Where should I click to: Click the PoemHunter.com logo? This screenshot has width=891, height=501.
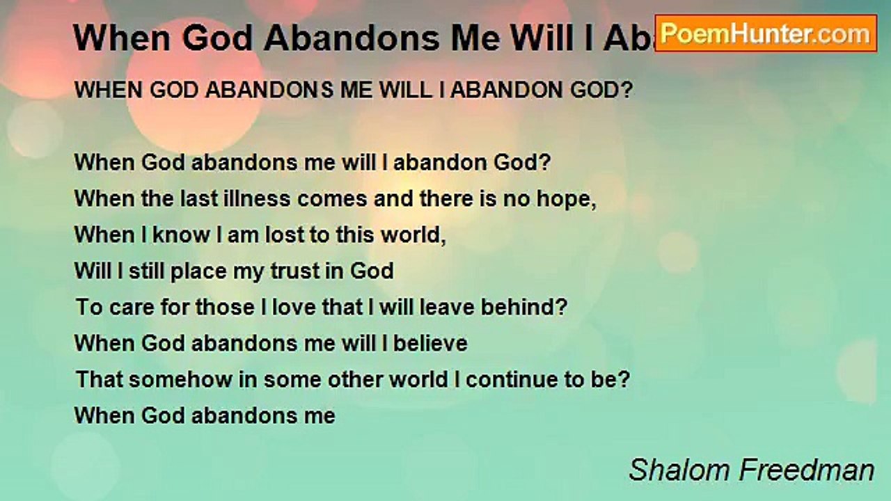pyautogui.click(x=766, y=33)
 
